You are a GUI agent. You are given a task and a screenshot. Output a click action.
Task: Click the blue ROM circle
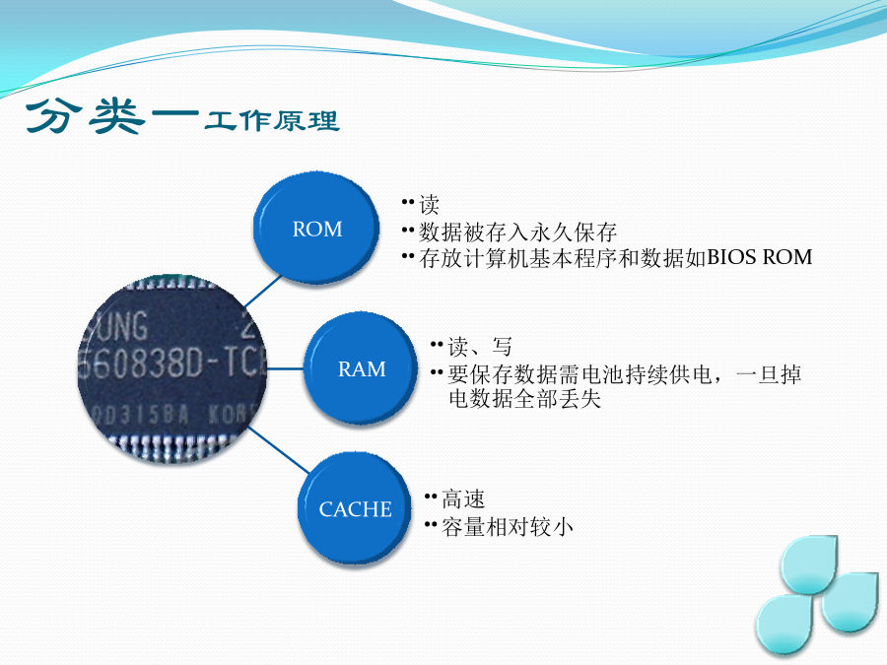pyautogui.click(x=315, y=229)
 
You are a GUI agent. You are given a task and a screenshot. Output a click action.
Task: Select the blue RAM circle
pyautogui.click(x=361, y=368)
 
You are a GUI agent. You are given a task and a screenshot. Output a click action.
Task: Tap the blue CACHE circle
pyautogui.click(x=355, y=508)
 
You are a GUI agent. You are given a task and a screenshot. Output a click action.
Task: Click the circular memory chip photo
pyautogui.click(x=171, y=368)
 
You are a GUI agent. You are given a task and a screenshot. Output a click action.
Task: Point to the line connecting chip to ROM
pyautogui.click(x=262, y=292)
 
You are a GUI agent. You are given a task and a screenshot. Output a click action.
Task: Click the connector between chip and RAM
pyautogui.click(x=285, y=368)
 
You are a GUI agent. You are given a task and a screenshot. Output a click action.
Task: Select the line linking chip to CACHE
pyautogui.click(x=278, y=449)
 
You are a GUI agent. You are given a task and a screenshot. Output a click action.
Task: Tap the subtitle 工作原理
pyautogui.click(x=272, y=121)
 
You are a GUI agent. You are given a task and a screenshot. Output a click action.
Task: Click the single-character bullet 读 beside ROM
pyautogui.click(x=429, y=205)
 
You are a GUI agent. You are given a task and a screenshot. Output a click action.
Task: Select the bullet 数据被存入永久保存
pyautogui.click(x=517, y=232)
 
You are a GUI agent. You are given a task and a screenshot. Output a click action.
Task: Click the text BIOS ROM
pyautogui.click(x=759, y=257)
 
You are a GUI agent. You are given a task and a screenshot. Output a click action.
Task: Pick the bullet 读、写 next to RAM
pyautogui.click(x=480, y=346)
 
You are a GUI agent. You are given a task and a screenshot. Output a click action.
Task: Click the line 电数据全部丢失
pyautogui.click(x=524, y=398)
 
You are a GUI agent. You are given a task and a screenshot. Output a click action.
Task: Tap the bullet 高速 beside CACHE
pyautogui.click(x=463, y=499)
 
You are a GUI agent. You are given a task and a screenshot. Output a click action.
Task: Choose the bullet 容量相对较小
pyautogui.click(x=507, y=526)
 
